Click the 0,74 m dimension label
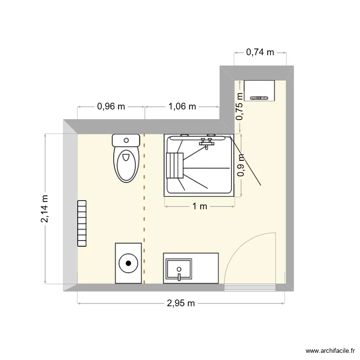coord(260,52)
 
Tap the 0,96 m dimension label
coord(111,107)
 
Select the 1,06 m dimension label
coord(182,107)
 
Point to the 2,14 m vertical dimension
coord(45,209)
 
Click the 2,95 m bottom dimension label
coord(181,303)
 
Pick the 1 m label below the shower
coord(199,206)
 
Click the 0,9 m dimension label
coord(240,165)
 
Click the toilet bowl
coord(126,164)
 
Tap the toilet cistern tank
coord(126,140)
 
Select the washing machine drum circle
coord(128,263)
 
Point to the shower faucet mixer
coord(207,142)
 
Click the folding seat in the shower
coord(175,165)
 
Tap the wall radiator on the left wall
coord(83,223)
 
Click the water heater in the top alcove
coord(259,91)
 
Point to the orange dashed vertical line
coord(144,211)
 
